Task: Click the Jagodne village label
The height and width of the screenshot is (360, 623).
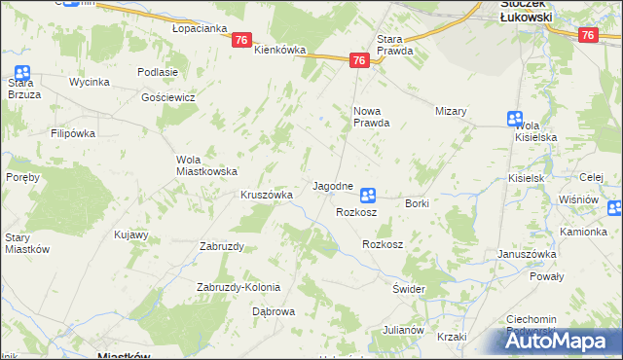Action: click(332, 185)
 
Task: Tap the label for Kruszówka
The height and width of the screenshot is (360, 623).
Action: click(267, 195)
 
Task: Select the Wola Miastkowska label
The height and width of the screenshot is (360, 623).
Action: click(206, 165)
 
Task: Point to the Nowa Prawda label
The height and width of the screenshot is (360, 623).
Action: click(371, 117)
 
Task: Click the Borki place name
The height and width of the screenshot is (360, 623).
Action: click(417, 203)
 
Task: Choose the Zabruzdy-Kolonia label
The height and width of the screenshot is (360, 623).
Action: click(238, 287)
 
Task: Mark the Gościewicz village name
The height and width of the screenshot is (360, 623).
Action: click(168, 97)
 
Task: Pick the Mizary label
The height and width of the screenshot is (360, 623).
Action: click(452, 111)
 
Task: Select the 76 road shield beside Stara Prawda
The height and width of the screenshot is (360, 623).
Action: click(359, 60)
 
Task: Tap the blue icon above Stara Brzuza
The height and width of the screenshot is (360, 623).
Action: click(21, 72)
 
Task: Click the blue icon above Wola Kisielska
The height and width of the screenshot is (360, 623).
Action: click(515, 118)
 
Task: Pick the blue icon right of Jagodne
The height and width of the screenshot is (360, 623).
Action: click(368, 195)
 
